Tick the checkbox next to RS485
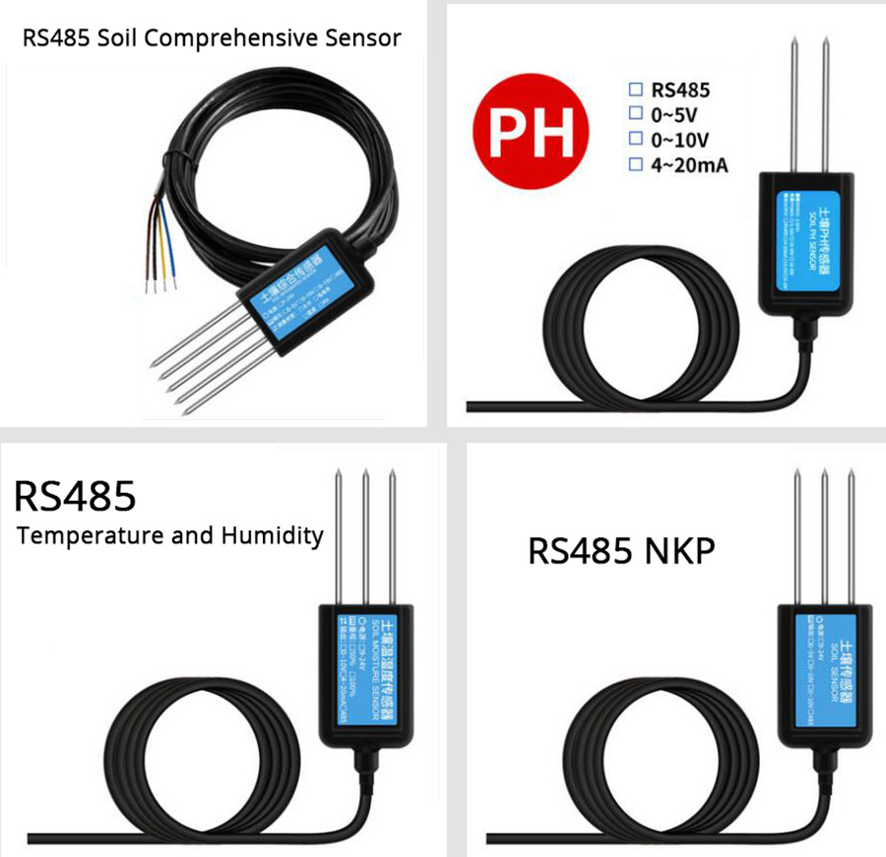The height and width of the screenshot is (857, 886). pyautogui.click(x=635, y=90)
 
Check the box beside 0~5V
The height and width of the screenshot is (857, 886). pyautogui.click(x=635, y=114)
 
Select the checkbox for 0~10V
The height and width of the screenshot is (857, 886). pyautogui.click(x=635, y=140)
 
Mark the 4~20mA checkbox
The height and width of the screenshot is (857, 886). pyautogui.click(x=635, y=165)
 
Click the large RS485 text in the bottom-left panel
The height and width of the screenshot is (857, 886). pyautogui.click(x=74, y=496)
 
